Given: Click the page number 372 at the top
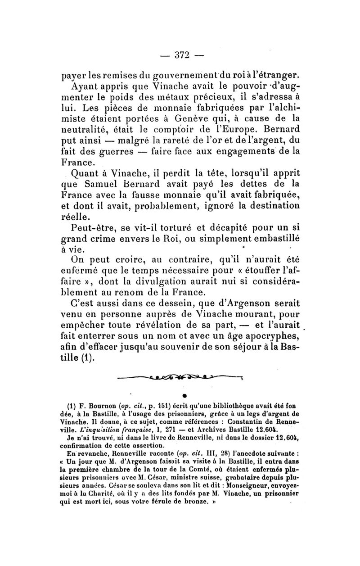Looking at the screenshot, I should [x=180, y=55].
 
